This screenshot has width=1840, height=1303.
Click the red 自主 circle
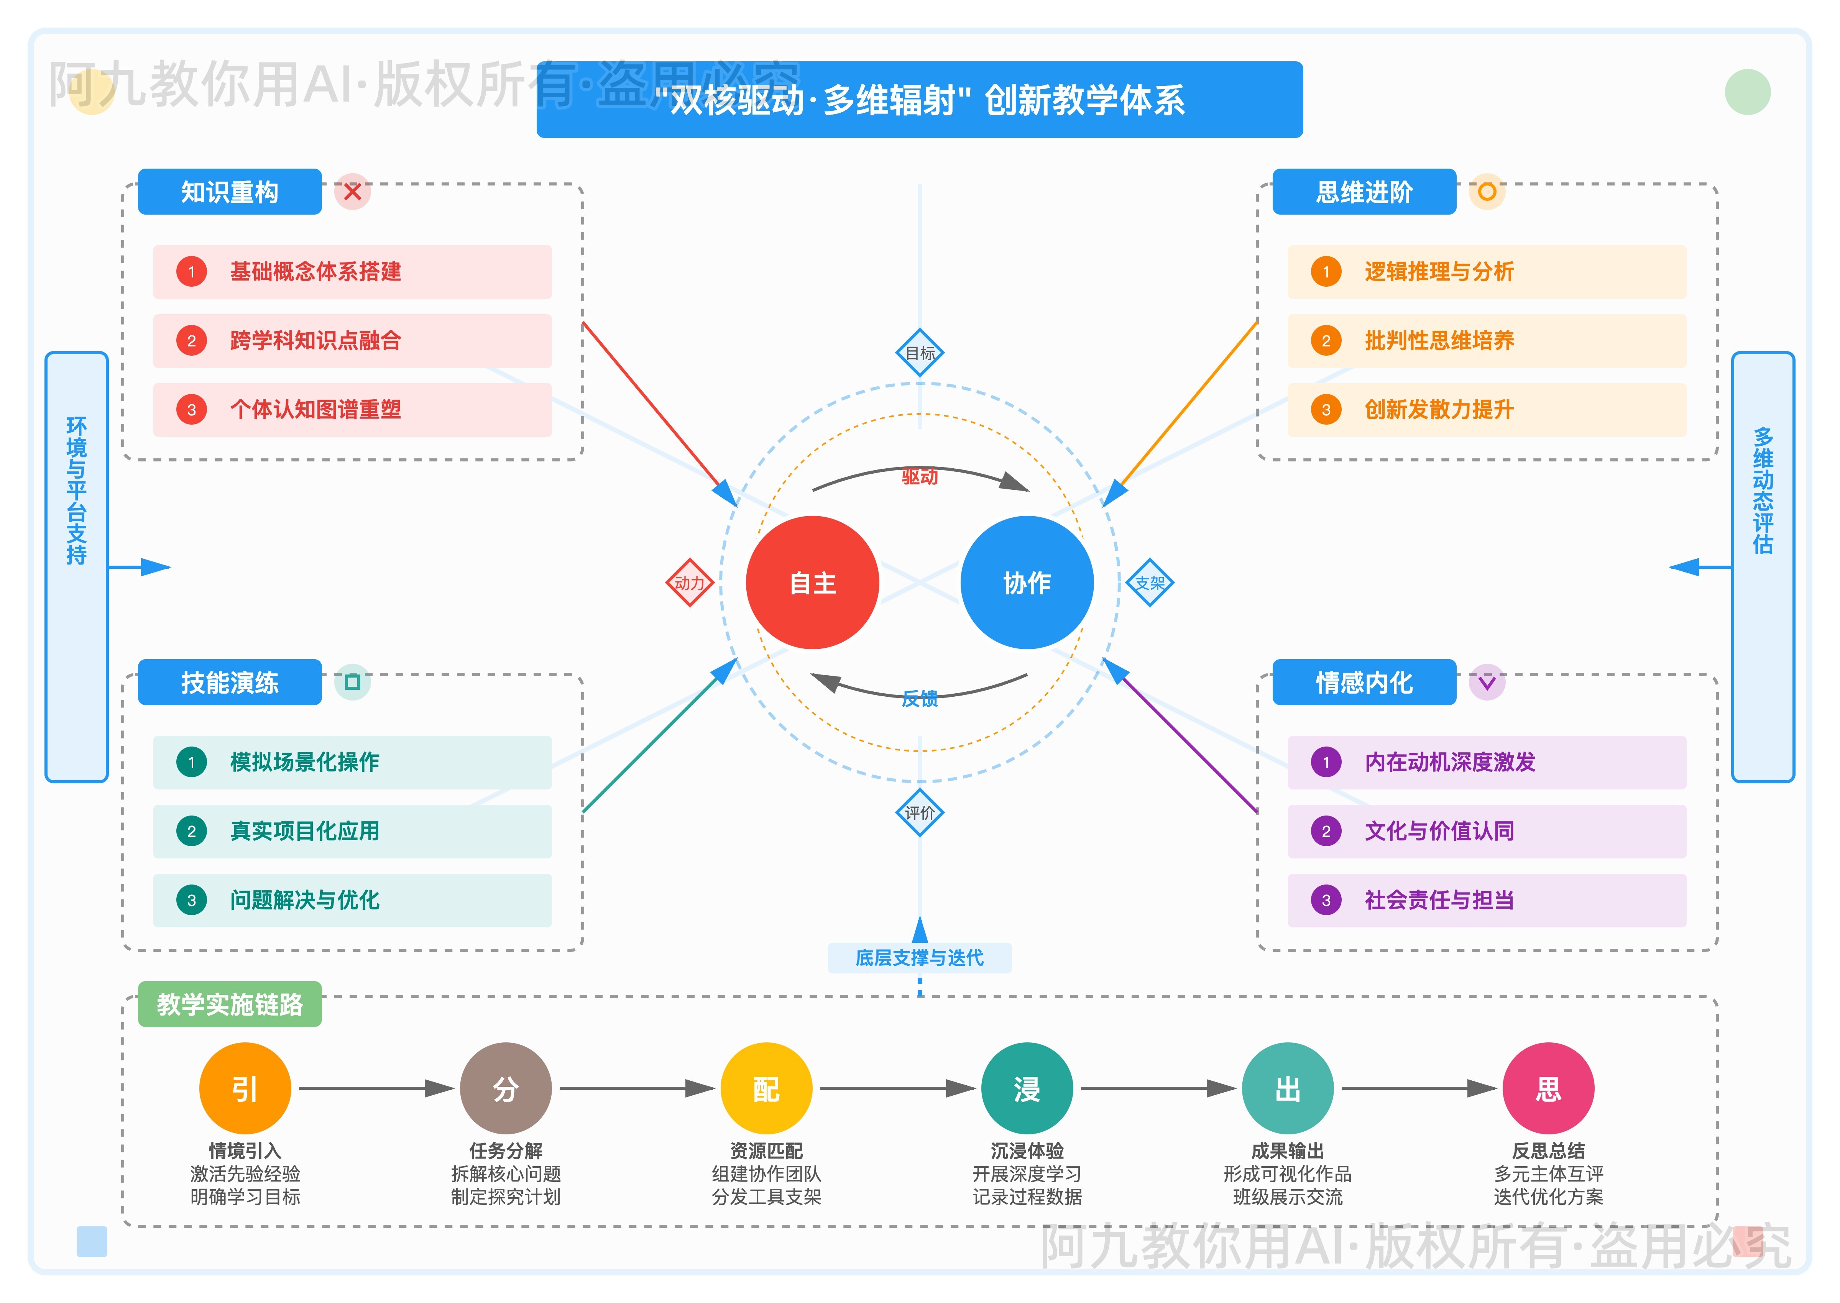click(812, 583)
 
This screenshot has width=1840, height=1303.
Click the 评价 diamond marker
click(920, 813)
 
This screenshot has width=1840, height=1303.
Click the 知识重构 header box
click(230, 192)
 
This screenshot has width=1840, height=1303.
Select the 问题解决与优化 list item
click(352, 900)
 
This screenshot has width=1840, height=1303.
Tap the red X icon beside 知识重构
click(352, 192)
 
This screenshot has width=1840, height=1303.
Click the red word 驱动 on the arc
click(920, 477)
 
